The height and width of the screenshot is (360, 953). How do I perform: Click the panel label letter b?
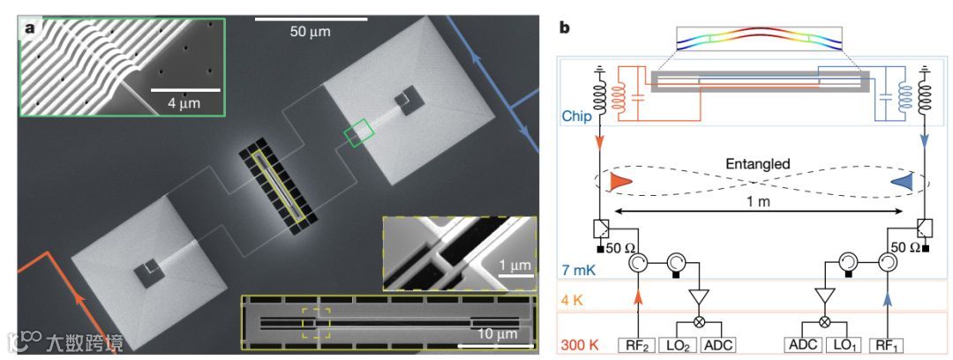564,27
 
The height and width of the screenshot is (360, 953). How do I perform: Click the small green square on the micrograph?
358,134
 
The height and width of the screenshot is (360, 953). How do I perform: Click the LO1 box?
845,344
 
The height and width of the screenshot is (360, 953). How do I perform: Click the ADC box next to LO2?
718,344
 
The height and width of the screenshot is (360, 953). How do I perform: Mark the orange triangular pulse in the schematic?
621,181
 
